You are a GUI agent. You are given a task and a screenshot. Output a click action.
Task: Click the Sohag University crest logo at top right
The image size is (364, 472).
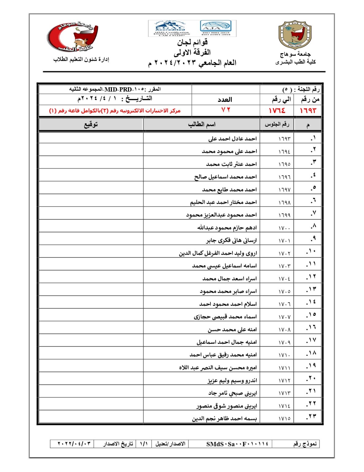click(295, 35)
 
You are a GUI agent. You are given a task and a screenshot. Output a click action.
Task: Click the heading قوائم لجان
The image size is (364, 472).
click(192, 42)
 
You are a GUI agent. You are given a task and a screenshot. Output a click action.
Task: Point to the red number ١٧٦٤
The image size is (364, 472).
click(277, 110)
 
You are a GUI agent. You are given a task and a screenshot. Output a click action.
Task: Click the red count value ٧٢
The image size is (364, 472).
click(226, 110)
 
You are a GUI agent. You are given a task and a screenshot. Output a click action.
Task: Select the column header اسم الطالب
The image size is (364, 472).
click(201, 124)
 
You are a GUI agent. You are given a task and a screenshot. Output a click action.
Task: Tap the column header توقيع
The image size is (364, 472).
click(91, 124)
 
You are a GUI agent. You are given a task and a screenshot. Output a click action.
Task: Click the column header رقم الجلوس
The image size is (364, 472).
click(277, 124)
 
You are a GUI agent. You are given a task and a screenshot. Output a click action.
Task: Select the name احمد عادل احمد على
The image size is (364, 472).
click(232, 139)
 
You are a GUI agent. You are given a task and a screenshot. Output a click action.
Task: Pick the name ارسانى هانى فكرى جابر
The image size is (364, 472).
click(231, 240)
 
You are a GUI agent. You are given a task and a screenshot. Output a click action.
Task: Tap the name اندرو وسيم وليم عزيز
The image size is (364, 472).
click(232, 380)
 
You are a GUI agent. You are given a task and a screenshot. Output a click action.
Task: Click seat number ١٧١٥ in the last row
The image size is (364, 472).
click(284, 419)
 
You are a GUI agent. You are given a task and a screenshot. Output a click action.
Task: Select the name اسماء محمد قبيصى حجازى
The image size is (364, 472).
click(225, 317)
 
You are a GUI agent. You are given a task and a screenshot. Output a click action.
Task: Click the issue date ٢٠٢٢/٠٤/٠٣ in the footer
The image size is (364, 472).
click(74, 444)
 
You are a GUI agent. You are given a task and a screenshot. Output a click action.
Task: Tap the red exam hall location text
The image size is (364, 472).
click(115, 111)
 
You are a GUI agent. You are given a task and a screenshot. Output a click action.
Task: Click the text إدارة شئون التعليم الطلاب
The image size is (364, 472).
click(81, 59)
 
